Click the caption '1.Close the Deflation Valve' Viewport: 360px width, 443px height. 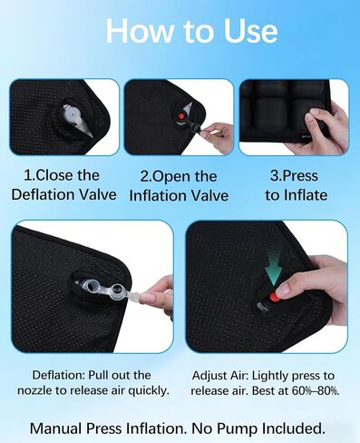tap(63, 185)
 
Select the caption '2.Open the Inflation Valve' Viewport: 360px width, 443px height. tap(180, 185)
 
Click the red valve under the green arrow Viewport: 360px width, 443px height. tap(272, 300)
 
